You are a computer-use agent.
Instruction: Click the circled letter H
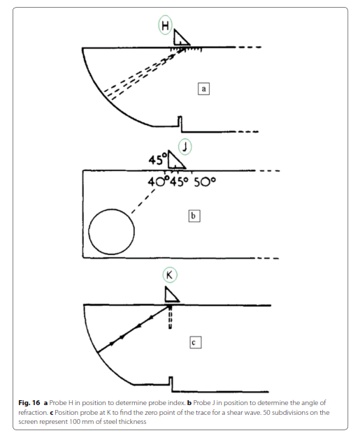tap(165, 25)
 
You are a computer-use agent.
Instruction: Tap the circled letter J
tap(185, 147)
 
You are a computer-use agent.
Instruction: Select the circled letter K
tap(170, 274)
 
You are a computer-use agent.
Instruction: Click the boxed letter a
tap(203, 89)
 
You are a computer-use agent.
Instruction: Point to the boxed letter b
tap(194, 216)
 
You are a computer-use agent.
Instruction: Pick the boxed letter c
tap(195, 342)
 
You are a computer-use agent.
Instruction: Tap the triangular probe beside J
tap(175, 160)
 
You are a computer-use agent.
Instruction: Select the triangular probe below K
tap(171, 295)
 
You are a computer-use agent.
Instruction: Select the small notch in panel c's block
tap(171, 381)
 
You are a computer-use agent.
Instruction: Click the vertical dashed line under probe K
tap(170, 317)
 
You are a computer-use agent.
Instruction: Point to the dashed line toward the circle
tap(143, 201)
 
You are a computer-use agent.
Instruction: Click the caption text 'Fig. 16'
tap(29, 403)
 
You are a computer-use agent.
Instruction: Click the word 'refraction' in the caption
tap(32, 413)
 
